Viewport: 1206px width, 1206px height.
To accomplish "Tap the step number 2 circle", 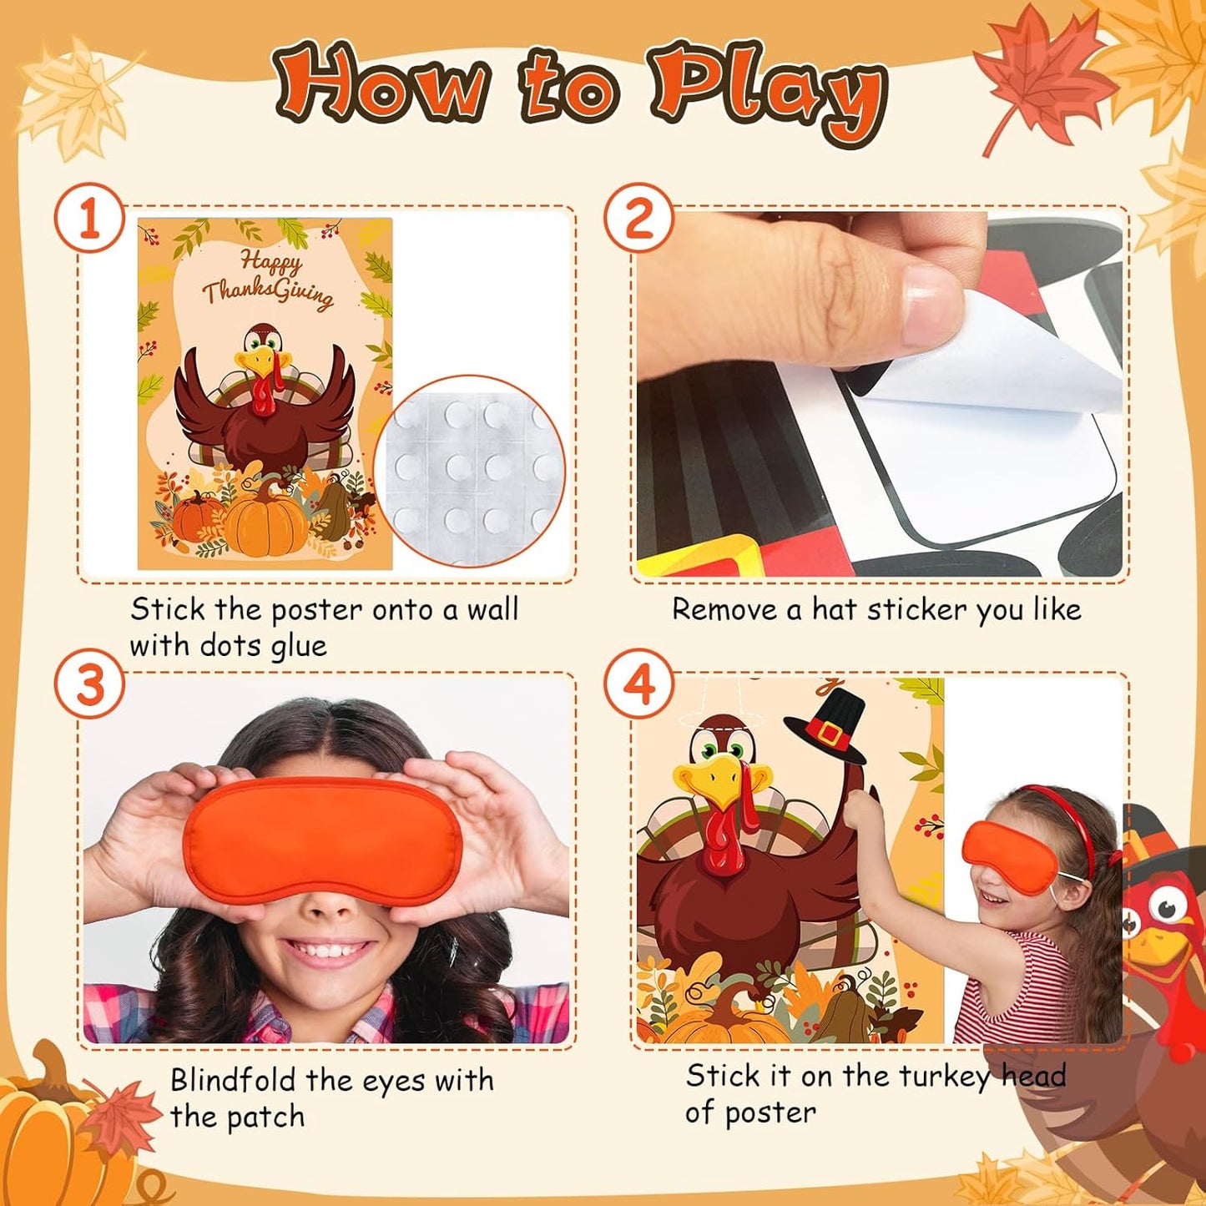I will click(638, 219).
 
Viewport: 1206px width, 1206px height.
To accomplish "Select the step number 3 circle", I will click(89, 685).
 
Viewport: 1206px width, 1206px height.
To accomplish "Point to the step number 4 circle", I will click(638, 685).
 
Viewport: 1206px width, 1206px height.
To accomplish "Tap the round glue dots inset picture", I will click(470, 470).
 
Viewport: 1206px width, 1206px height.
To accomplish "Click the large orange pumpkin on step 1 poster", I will click(265, 521).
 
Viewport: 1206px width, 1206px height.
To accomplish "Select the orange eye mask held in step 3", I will click(322, 837).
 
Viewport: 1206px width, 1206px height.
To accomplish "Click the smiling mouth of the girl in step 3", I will click(327, 951).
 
